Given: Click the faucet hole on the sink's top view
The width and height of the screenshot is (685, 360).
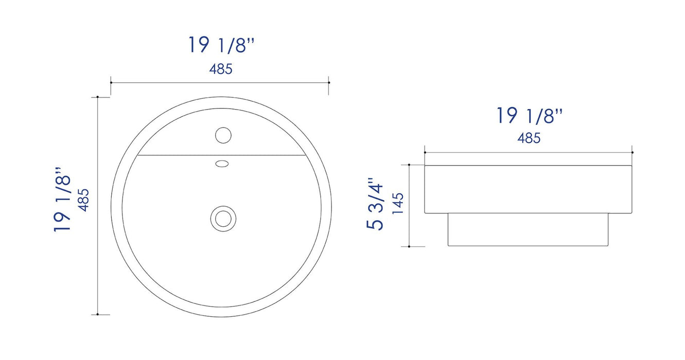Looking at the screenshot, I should click(x=223, y=135).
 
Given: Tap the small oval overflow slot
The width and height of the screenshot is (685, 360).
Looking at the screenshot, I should click(x=222, y=164).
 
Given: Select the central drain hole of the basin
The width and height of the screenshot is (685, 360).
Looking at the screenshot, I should click(x=223, y=218).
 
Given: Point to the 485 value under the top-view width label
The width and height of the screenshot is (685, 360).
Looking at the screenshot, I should click(x=221, y=69).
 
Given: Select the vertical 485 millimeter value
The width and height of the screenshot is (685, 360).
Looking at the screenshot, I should click(x=83, y=200).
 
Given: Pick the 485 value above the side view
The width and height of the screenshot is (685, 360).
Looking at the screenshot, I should click(x=529, y=138).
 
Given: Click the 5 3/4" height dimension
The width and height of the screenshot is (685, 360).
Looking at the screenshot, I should click(x=375, y=204).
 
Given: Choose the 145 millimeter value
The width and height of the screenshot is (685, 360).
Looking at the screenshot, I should click(x=397, y=204).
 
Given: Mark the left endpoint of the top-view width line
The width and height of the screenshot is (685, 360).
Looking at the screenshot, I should click(x=111, y=82).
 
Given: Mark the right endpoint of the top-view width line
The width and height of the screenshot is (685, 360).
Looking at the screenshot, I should click(x=329, y=82).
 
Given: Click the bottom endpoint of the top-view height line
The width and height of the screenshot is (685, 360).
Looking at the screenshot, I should click(x=97, y=314).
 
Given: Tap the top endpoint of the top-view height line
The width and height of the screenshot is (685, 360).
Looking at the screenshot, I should click(x=97, y=97).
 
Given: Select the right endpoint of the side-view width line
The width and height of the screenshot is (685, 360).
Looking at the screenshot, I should click(x=633, y=152).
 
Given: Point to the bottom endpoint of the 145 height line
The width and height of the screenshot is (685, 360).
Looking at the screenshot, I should click(x=409, y=246).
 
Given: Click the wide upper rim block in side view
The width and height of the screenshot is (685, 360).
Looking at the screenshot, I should click(x=528, y=189).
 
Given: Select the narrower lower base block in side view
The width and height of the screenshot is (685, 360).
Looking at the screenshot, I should click(x=528, y=229).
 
